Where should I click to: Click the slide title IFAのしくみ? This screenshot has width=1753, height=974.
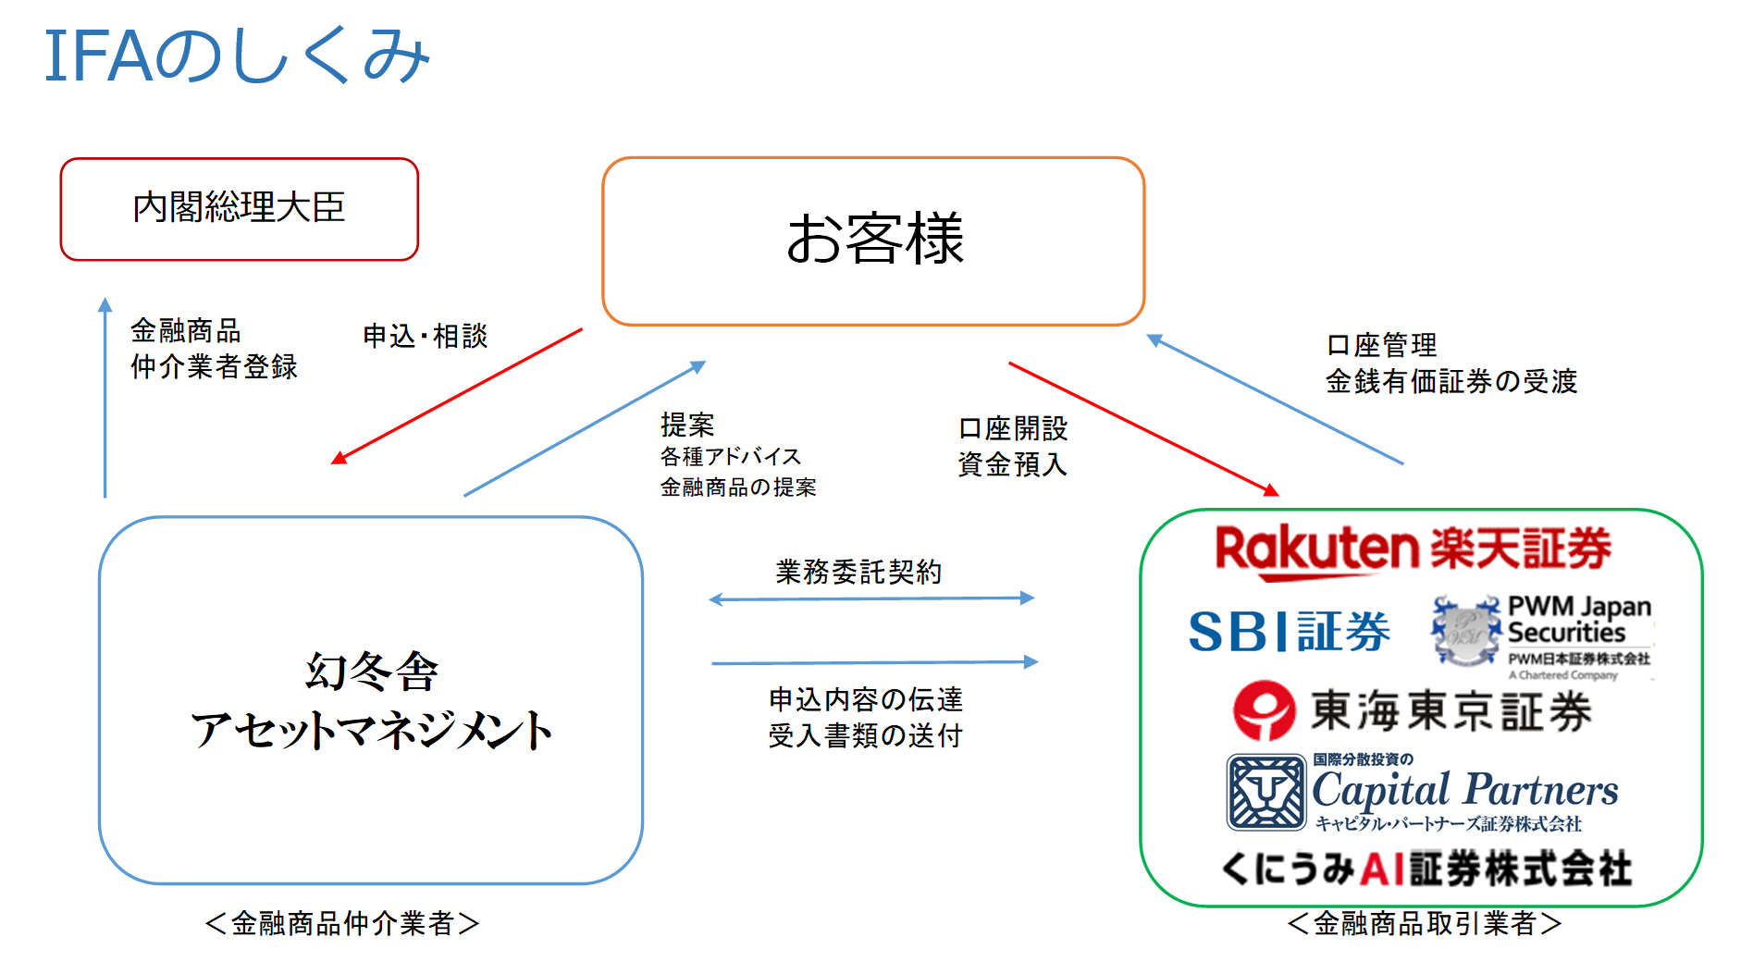point(237,55)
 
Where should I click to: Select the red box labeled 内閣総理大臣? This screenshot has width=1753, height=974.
point(239,209)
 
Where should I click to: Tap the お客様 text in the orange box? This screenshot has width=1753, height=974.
point(874,239)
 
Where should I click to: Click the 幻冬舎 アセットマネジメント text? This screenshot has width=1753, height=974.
point(371,700)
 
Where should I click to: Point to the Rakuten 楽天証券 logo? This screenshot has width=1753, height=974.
point(1413,549)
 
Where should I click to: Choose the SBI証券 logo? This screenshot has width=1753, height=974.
point(1289,632)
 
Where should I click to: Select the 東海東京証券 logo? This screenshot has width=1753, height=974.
point(1413,710)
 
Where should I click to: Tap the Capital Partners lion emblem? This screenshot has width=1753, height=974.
point(1265,792)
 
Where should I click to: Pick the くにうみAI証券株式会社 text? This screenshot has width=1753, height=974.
point(1426,869)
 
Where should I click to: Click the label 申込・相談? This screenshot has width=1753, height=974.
point(425,336)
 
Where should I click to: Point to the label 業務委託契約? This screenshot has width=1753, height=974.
point(858,572)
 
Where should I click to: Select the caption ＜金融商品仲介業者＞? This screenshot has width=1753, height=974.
point(342,922)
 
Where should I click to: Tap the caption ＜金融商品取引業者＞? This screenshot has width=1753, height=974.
point(1425,922)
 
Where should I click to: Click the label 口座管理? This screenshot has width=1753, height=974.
point(1381,345)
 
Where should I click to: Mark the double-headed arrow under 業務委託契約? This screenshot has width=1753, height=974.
point(871,599)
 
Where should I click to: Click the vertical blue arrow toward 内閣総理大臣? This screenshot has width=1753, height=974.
point(105,398)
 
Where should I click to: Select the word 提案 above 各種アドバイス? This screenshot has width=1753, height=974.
point(687,425)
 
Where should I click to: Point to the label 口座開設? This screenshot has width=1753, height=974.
point(1013,428)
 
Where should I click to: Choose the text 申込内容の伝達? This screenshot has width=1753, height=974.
point(866,699)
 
